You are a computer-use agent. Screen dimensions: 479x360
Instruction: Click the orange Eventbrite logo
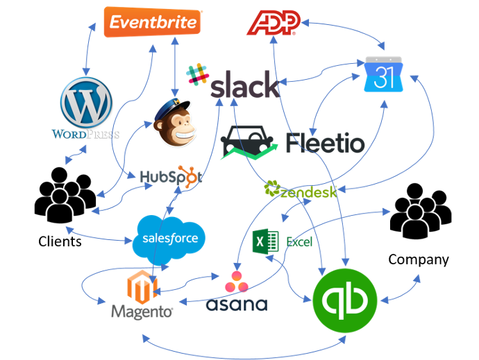pos(152,22)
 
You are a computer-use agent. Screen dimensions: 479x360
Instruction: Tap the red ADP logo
pos(274,23)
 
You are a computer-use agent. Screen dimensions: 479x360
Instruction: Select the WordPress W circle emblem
pos(87,102)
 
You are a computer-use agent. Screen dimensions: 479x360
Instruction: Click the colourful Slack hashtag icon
pos(197,74)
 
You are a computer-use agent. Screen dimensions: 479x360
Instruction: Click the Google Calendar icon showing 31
pos(383,74)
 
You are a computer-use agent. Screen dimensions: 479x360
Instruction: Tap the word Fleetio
pos(325,143)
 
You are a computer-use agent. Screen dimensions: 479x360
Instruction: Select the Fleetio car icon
pos(249,142)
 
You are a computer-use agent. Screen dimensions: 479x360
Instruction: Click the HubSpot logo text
pos(171,177)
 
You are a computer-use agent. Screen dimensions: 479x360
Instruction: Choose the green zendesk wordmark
pos(301,189)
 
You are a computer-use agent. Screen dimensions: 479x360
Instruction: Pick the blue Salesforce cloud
pos(169,239)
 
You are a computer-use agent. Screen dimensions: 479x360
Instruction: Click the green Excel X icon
pos(265,241)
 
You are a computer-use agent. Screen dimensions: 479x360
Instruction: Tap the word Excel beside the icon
pos(299,242)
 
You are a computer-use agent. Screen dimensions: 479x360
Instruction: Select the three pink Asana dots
pos(237,282)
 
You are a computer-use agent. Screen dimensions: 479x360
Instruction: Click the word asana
pos(237,305)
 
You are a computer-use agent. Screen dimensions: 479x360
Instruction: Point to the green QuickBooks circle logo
pos(345,300)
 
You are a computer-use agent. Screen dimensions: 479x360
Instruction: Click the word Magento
pos(142,311)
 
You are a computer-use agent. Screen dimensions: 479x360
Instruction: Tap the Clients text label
pos(60,241)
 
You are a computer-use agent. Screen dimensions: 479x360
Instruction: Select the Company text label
pos(419,260)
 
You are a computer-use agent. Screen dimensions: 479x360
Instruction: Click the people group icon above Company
pos(421,211)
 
